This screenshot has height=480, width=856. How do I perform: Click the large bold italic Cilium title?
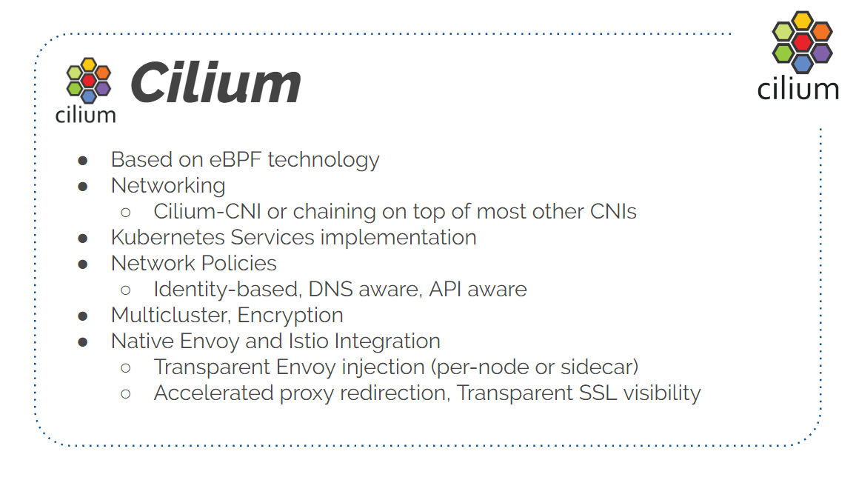click(x=215, y=82)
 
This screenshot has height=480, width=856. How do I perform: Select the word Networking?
click(x=168, y=187)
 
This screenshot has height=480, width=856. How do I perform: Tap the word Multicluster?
click(x=171, y=315)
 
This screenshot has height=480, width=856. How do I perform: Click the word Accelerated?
click(x=213, y=393)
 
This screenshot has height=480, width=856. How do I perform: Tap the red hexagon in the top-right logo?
click(x=802, y=42)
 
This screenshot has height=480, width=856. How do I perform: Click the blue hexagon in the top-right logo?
click(x=802, y=64)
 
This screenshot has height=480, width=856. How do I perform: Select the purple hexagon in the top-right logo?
click(x=821, y=53)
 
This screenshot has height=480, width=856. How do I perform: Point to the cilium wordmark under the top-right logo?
click(x=798, y=89)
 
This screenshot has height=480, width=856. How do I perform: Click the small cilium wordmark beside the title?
click(x=86, y=115)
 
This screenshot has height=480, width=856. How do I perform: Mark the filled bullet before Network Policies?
click(x=83, y=265)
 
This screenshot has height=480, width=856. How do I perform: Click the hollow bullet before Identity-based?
click(x=126, y=290)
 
